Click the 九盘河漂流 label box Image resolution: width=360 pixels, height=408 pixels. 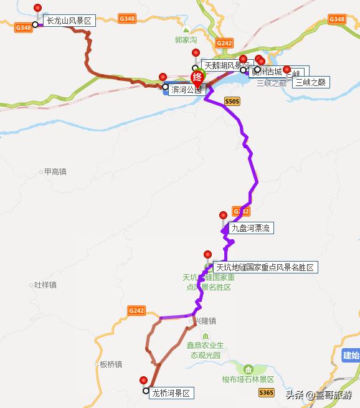[251, 228]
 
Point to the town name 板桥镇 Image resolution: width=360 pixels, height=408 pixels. [111, 364]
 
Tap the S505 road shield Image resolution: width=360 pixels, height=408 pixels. [232, 101]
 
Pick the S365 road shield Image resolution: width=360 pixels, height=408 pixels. [266, 392]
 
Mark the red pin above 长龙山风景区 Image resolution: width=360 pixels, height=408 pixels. [38, 8]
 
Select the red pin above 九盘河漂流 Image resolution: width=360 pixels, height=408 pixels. [223, 216]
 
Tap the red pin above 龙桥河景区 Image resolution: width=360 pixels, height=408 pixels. [144, 380]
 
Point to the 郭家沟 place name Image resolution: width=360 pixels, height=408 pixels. [186, 39]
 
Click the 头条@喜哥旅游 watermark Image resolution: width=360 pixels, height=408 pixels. [318, 395]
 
